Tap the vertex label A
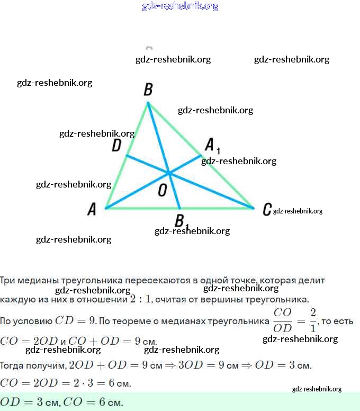[92, 210]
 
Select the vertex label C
[267, 210]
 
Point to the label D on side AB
[116, 146]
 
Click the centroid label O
[163, 191]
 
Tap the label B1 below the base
[182, 220]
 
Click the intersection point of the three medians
[169, 173]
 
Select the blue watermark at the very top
[180, 6]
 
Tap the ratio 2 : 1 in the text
[141, 299]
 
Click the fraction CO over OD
[283, 320]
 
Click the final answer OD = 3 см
[29, 403]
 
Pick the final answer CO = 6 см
[93, 403]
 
